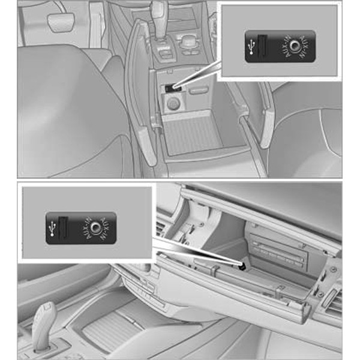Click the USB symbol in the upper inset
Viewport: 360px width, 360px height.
click(x=252, y=47)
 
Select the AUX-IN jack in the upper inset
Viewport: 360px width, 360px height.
click(x=294, y=46)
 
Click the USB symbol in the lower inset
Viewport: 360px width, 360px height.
click(x=53, y=229)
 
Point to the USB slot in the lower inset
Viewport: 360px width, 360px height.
click(x=63, y=227)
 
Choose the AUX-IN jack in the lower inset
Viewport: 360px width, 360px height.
click(x=95, y=227)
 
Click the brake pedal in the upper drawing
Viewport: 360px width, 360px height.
click(x=61, y=22)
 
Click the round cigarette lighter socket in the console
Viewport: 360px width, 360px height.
click(x=173, y=104)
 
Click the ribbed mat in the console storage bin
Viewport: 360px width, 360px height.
click(x=193, y=136)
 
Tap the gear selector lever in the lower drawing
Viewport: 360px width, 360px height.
click(x=44, y=326)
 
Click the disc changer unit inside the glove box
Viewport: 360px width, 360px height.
click(x=278, y=252)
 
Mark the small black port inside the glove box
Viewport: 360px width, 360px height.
click(x=242, y=266)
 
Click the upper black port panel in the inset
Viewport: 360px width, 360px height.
click(x=280, y=46)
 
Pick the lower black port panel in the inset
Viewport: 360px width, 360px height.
click(x=81, y=228)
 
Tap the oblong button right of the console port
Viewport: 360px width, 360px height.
click(x=199, y=90)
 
